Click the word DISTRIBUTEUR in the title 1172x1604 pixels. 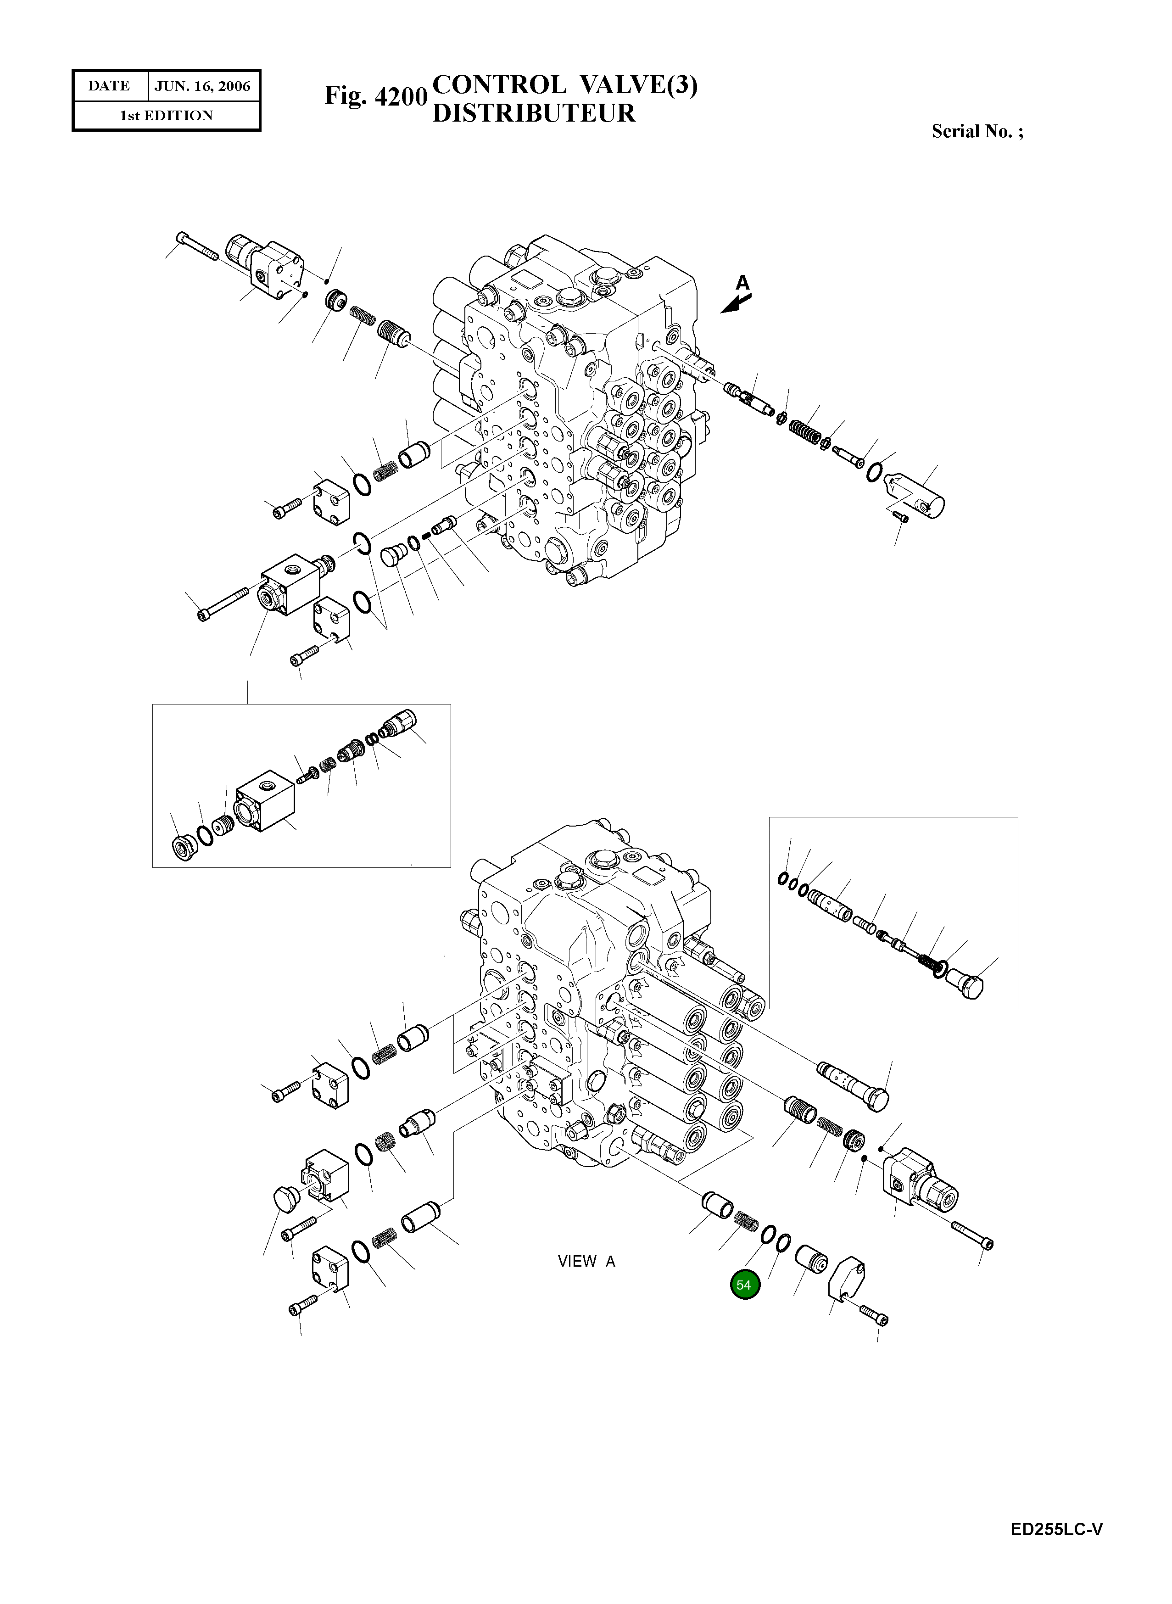pyautogui.click(x=534, y=113)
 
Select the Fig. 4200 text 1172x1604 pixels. pyautogui.click(x=375, y=96)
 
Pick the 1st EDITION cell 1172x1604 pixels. pyautogui.click(x=166, y=116)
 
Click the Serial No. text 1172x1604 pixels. pyautogui.click(x=977, y=131)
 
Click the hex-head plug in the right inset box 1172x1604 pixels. pyautogui.click(x=966, y=984)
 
